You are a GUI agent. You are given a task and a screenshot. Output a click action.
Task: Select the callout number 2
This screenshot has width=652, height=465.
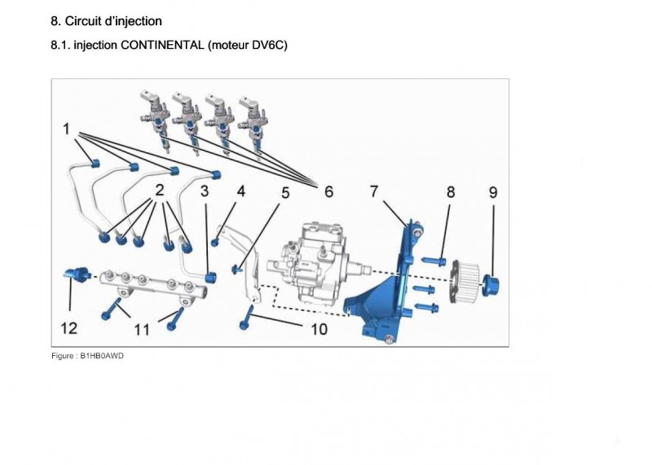159,192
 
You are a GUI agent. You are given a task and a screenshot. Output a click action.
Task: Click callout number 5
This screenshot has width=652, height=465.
285,193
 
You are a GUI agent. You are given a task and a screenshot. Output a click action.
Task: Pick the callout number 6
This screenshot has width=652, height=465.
328,192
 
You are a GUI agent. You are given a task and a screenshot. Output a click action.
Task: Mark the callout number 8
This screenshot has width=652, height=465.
450,192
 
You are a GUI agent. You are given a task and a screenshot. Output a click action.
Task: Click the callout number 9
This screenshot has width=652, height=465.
493,192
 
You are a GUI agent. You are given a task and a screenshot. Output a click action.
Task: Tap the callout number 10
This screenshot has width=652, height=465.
319,329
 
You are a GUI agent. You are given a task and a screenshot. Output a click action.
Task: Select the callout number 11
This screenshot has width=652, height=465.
142,330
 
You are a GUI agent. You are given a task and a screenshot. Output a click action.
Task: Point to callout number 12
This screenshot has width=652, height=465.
69,328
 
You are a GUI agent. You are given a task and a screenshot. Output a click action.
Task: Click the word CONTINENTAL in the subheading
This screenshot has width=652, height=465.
161,46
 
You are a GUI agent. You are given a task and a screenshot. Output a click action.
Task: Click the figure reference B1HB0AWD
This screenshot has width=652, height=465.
102,356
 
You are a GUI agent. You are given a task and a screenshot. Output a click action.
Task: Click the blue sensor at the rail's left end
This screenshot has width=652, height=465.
75,274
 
